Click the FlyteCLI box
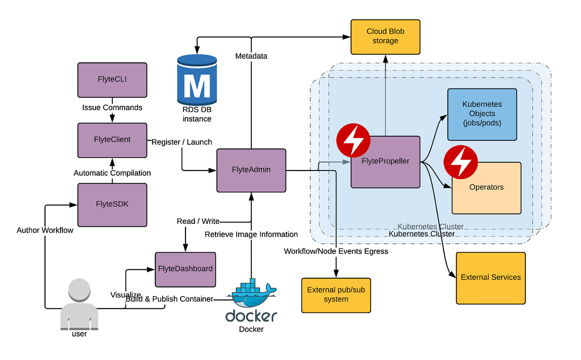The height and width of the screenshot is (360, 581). (x=112, y=79)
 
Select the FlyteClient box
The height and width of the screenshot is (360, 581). (x=112, y=140)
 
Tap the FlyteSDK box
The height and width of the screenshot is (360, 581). (x=112, y=204)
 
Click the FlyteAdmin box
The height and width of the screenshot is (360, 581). (x=251, y=170)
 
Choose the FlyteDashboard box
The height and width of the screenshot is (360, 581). (x=185, y=268)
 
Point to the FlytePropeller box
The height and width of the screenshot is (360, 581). (x=385, y=162)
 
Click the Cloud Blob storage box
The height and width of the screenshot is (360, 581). (x=385, y=36)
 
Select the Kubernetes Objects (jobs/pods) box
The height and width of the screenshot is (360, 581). (x=482, y=114)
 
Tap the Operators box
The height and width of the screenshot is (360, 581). (x=486, y=188)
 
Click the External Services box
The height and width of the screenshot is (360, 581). (x=490, y=278)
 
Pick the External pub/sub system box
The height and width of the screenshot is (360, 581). (x=336, y=295)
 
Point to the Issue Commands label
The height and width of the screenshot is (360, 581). (x=112, y=108)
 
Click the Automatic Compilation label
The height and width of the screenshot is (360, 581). (x=112, y=173)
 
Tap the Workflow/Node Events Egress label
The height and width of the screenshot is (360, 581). (x=336, y=251)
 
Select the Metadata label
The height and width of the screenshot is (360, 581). (x=251, y=56)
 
